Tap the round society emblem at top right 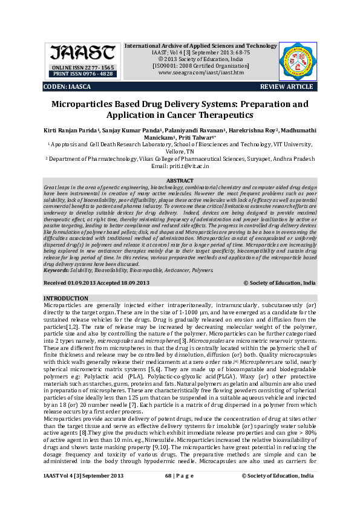coord(297,60)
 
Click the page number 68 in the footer coord(169,493)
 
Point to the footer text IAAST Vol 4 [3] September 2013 coord(83,493)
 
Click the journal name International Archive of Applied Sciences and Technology coord(200,46)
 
